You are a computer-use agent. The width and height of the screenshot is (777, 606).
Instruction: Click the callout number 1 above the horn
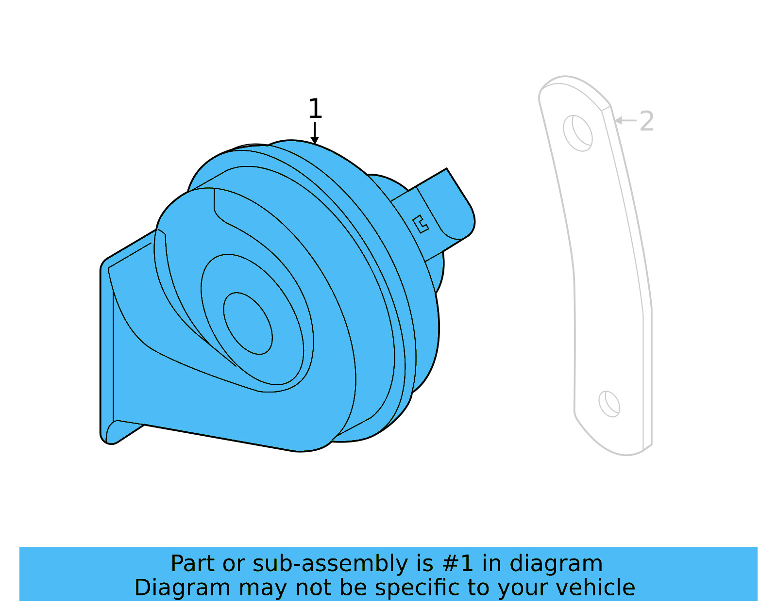click(x=315, y=109)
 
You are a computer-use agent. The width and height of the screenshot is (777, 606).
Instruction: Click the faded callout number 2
click(x=646, y=121)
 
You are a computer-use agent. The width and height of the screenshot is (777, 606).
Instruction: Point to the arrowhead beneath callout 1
click(x=315, y=140)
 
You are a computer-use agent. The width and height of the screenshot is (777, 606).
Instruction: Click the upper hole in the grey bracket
click(x=578, y=133)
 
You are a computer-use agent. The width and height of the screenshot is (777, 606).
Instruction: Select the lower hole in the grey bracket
click(x=609, y=404)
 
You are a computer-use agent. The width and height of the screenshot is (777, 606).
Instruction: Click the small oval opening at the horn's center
click(x=248, y=323)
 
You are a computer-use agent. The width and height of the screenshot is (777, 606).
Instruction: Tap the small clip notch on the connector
click(x=421, y=224)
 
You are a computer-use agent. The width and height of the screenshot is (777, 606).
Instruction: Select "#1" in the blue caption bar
click(x=457, y=564)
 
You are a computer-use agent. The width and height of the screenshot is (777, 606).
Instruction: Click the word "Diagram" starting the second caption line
click(x=182, y=588)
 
